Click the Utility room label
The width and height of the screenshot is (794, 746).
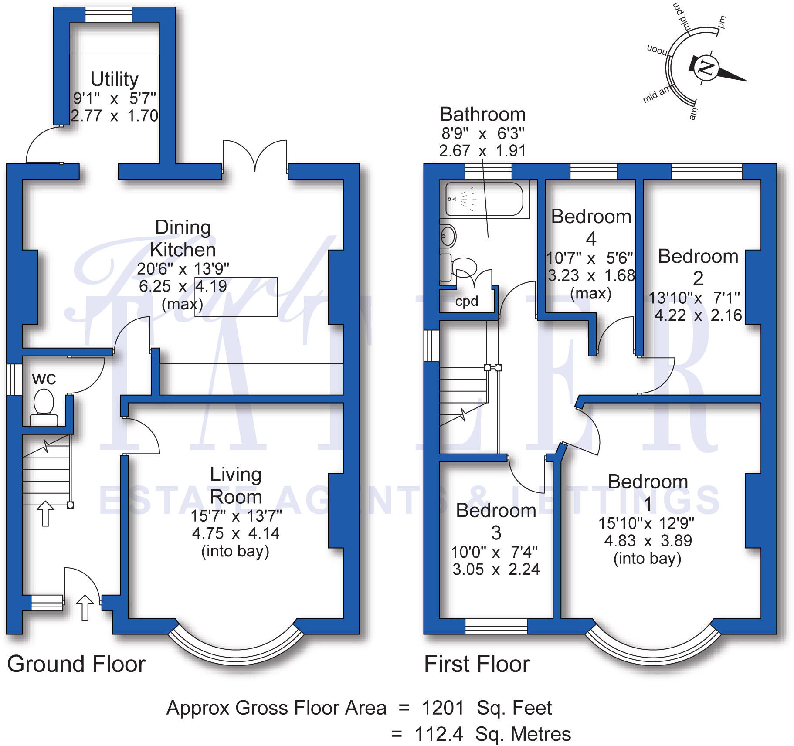(x=114, y=79)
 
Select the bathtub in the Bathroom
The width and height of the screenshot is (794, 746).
(x=484, y=199)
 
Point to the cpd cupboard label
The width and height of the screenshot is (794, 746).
(x=466, y=301)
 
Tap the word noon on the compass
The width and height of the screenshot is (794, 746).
(x=657, y=51)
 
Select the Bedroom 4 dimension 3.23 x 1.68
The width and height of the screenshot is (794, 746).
(x=591, y=276)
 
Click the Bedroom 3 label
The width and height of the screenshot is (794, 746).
(x=496, y=521)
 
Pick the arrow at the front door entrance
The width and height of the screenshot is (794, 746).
(x=85, y=607)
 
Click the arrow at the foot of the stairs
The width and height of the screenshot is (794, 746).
(x=45, y=513)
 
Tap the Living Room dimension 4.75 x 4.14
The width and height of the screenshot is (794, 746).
(x=236, y=533)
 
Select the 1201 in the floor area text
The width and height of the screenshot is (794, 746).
(x=443, y=708)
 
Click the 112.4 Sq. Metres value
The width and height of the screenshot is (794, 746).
(x=492, y=734)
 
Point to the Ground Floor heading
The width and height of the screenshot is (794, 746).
(x=76, y=664)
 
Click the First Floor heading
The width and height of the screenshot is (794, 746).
(x=477, y=664)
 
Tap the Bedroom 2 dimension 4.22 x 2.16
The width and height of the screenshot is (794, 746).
(x=698, y=315)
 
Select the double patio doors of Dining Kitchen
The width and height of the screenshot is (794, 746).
(x=255, y=157)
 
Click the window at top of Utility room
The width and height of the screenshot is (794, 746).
(x=108, y=15)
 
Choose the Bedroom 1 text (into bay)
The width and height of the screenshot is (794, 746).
(x=647, y=558)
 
